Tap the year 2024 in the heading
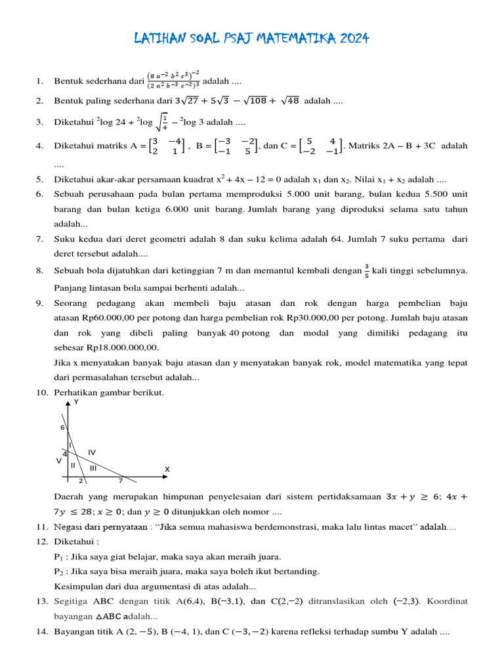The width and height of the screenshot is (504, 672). click(355, 39)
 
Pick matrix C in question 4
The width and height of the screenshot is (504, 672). click(324, 146)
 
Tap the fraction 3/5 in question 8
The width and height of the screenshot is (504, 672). click(366, 270)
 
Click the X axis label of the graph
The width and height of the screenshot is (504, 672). click(167, 469)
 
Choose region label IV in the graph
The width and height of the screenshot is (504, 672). click(92, 452)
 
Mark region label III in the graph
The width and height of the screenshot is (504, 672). click(93, 468)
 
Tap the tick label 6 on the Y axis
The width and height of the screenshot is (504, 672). click(63, 427)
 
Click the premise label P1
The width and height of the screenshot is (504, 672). click(58, 556)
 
